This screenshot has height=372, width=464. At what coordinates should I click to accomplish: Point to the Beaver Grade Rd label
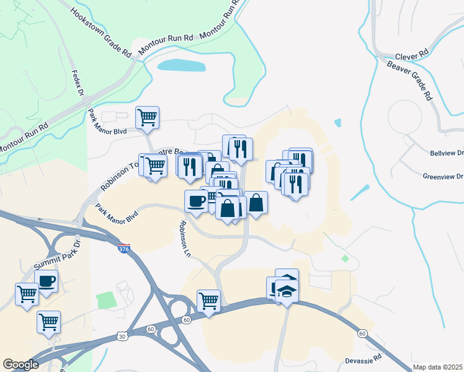coord(409,80)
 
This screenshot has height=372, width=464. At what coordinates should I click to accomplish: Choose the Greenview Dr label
coord(443,176)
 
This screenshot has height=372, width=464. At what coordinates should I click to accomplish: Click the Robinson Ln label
coord(184,239)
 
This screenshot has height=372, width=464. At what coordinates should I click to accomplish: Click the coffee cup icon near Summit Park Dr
coord(47,281)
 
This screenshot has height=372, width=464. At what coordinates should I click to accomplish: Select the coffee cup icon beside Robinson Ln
coord(197,201)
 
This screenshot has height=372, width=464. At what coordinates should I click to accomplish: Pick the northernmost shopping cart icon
coord(148,116)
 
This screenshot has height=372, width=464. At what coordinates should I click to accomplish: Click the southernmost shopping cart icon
coord(48,321)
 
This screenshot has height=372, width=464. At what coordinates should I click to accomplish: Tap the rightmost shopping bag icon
coord(256,202)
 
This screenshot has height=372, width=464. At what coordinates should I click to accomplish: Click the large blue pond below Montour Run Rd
coord(181,65)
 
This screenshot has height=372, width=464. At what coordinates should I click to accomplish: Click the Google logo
coord(20,365)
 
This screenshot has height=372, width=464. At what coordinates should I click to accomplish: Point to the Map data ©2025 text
coord(438,366)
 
